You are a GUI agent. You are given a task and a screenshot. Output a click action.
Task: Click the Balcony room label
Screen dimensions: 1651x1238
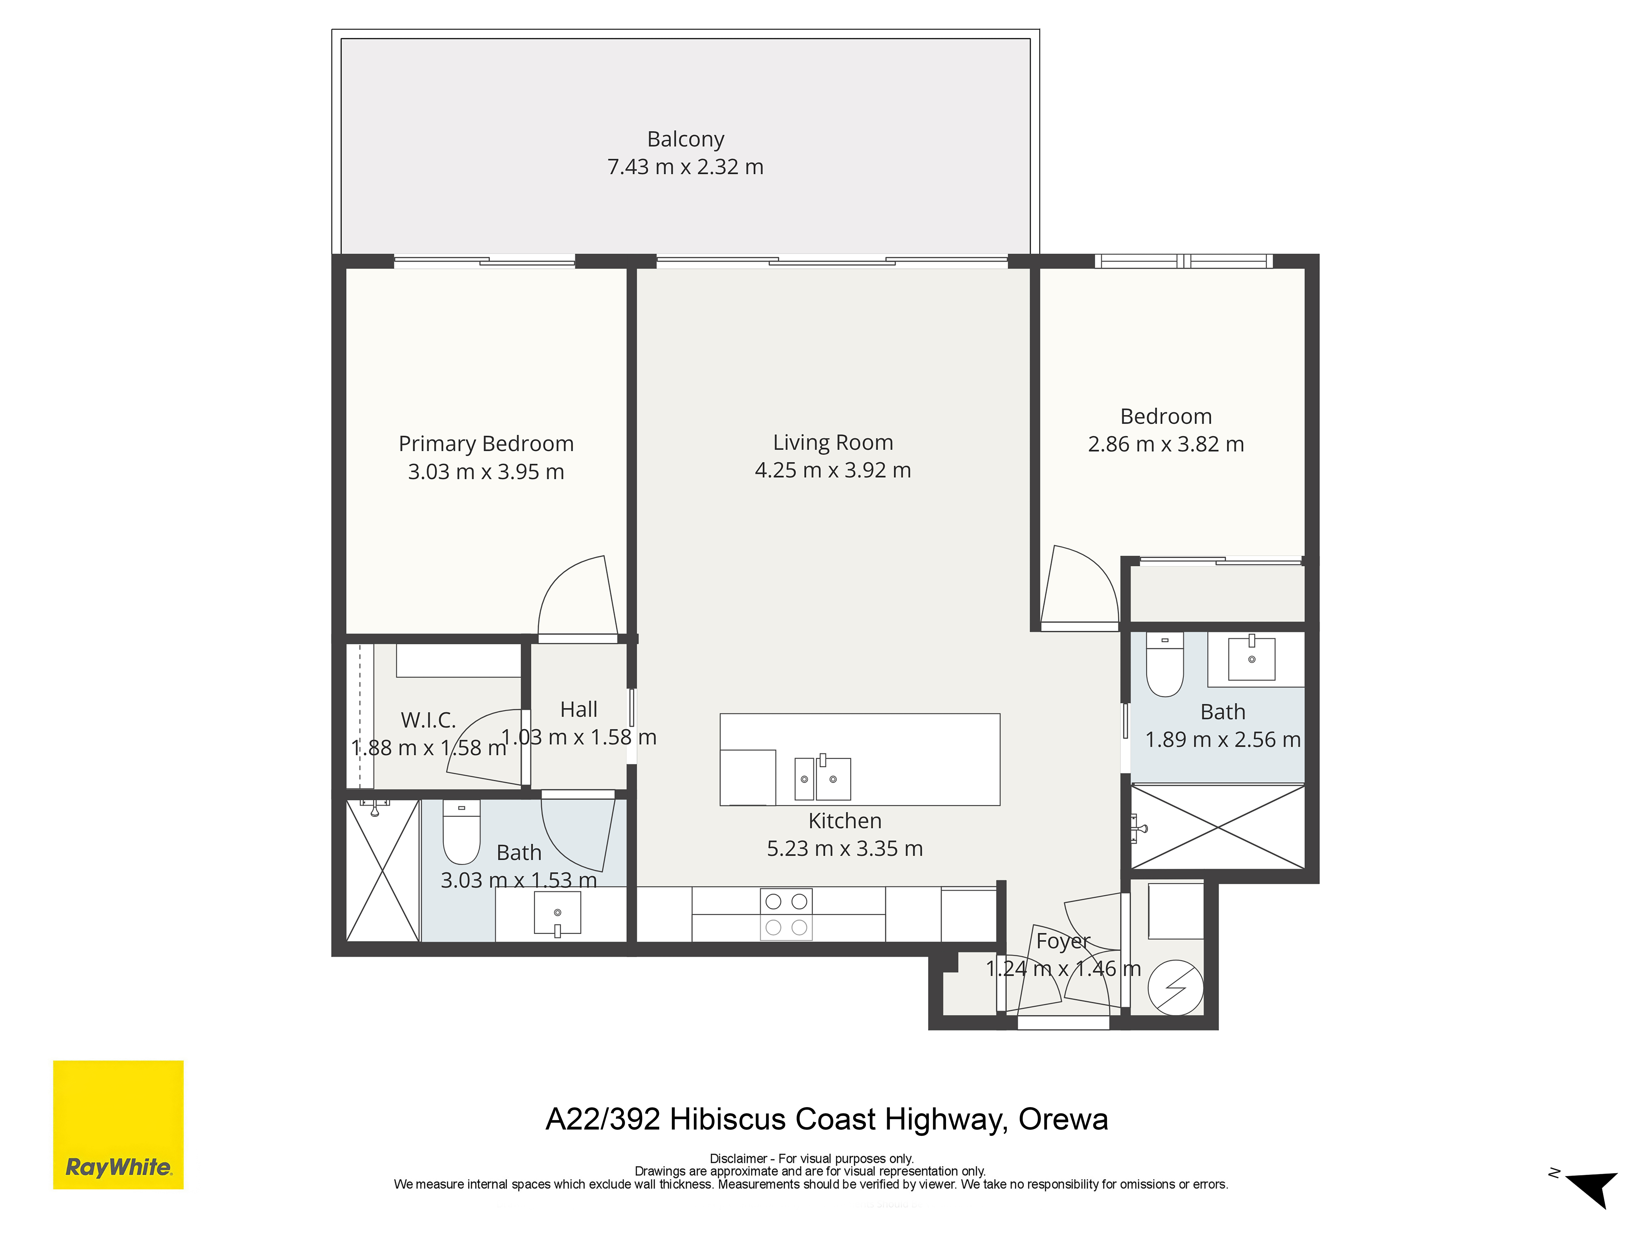[x=685, y=140]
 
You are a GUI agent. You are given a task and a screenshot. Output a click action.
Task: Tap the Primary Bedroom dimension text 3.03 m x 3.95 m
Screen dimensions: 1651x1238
[x=486, y=472]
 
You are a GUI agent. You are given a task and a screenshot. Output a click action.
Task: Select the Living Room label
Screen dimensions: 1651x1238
[x=833, y=443]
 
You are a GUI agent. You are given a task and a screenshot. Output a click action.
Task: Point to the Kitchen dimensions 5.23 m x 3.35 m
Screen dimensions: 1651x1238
[x=845, y=848]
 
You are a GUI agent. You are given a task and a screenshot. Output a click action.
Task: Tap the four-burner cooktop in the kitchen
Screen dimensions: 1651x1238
[x=786, y=914]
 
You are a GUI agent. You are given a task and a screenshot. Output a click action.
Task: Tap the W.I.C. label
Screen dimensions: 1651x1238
[x=428, y=720]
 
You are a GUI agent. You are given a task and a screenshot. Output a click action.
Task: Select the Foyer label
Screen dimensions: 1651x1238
[x=1063, y=941]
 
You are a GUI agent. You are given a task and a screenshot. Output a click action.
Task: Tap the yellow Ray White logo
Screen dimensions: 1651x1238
[x=118, y=1125]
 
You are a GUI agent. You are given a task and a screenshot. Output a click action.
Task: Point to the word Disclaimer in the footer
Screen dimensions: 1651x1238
[x=738, y=1159]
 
